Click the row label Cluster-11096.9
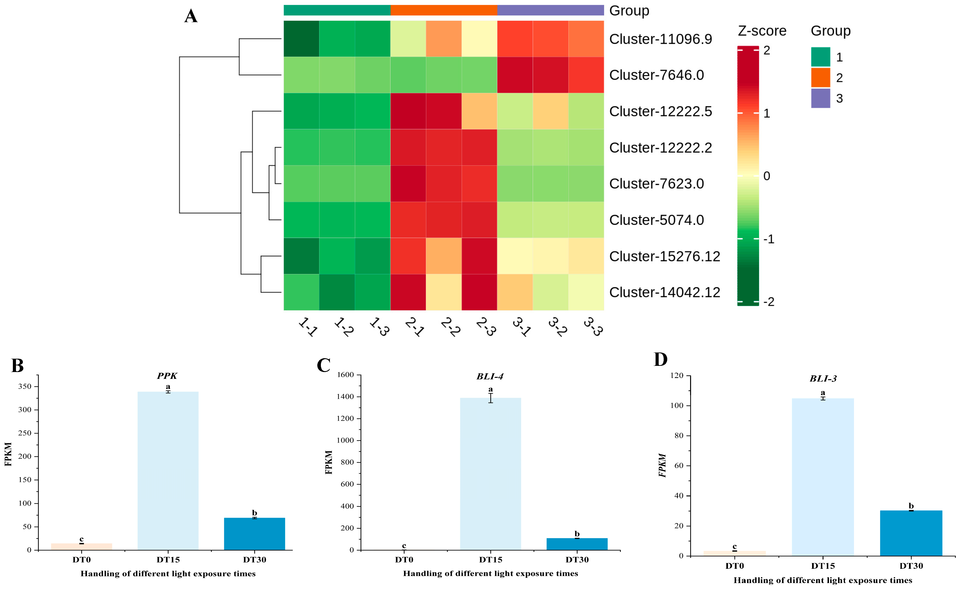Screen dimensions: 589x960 (x=660, y=39)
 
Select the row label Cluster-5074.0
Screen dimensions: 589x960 (x=657, y=220)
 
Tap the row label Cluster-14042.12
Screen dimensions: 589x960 (x=665, y=292)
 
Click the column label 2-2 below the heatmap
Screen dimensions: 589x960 (x=450, y=327)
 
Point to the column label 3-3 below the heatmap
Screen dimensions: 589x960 (x=593, y=327)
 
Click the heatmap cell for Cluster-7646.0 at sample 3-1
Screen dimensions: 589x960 (x=515, y=75)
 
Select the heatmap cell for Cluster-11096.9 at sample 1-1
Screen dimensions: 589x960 (x=301, y=39)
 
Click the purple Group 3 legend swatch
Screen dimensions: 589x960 (x=820, y=98)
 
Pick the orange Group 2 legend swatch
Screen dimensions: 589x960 (x=820, y=77)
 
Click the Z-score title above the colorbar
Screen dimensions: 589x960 (x=762, y=31)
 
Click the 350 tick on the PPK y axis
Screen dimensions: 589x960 (x=25, y=386)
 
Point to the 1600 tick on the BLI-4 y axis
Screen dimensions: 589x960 (x=345, y=375)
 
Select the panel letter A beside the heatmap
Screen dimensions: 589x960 (x=191, y=16)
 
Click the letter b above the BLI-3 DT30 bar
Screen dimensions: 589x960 (x=911, y=506)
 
